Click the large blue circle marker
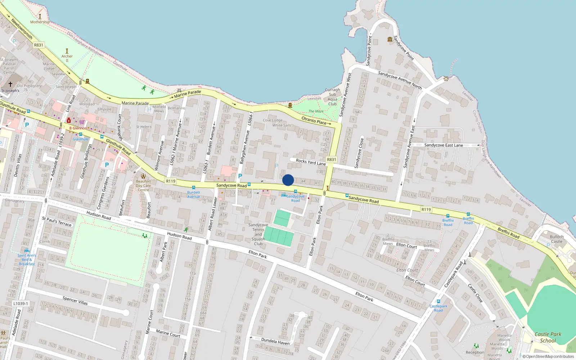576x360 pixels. click(288, 180)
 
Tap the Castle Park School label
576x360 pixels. click(548, 337)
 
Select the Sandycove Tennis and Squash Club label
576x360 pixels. click(258, 234)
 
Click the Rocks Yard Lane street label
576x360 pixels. click(311, 162)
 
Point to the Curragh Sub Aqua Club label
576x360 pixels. click(332, 97)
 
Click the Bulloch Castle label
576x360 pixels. click(557, 239)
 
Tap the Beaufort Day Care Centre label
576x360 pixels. click(143, 186)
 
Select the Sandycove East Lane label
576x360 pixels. click(444, 145)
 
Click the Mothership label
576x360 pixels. click(40, 22)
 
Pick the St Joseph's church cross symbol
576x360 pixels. click(10, 84)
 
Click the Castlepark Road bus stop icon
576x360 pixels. click(438, 301)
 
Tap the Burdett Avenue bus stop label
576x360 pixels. click(193, 194)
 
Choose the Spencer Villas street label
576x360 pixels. click(75, 301)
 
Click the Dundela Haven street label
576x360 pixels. click(275, 341)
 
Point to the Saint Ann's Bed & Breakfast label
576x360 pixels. click(27, 260)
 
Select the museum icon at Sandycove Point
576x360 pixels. click(390, 39)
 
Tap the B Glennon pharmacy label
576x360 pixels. click(78, 128)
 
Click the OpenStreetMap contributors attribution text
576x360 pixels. click(548, 357)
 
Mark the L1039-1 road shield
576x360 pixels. click(21, 303)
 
